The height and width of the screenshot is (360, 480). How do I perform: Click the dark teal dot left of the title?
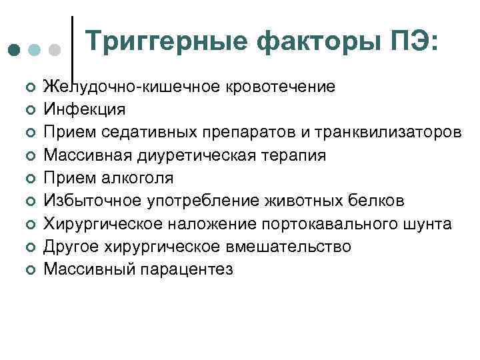14,50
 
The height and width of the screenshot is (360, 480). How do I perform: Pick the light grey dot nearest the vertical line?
55,50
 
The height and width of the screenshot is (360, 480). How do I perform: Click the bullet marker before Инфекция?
30,110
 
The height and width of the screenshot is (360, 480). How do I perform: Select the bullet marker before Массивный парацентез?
30,269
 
